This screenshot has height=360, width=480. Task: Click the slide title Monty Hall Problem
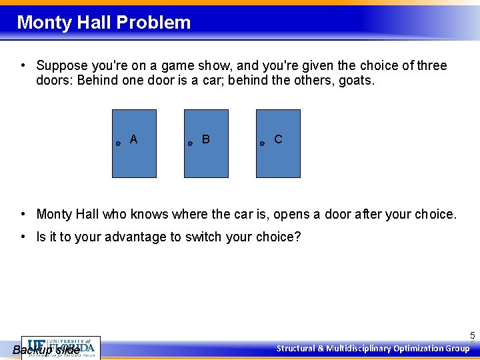click(103, 23)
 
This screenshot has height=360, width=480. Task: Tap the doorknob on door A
click(118, 143)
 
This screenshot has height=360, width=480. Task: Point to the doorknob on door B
click(190, 143)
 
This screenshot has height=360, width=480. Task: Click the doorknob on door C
click(262, 143)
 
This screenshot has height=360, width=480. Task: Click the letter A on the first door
click(133, 139)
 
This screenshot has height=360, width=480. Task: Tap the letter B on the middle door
click(205, 139)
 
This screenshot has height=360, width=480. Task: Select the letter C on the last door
click(278, 139)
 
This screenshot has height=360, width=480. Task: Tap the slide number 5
click(472, 335)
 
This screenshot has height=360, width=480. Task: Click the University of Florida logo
click(61, 346)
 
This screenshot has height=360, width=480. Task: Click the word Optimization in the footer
click(419, 348)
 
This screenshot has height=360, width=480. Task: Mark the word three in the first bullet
click(431, 66)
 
